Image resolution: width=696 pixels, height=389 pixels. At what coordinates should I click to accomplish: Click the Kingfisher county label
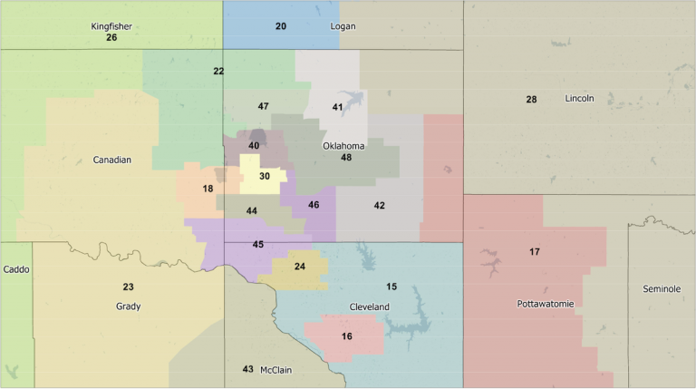click(111, 26)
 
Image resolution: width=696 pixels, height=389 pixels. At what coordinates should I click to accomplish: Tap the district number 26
click(111, 37)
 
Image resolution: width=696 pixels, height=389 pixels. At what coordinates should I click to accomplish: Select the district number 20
click(281, 26)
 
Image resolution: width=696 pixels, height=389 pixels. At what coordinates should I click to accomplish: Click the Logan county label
click(343, 26)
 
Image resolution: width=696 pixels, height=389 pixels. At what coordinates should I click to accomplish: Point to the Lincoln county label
click(579, 98)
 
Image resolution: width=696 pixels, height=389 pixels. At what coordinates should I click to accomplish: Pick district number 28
click(531, 99)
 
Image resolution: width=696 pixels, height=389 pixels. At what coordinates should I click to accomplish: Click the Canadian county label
click(112, 160)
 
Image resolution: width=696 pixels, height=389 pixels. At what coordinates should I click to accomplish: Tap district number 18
click(208, 189)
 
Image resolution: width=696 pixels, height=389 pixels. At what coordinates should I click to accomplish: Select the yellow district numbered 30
click(265, 176)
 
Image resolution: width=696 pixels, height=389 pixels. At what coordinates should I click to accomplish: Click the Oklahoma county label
click(343, 146)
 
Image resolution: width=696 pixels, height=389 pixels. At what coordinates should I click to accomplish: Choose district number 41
click(337, 108)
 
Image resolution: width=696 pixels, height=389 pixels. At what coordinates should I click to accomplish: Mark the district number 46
click(314, 205)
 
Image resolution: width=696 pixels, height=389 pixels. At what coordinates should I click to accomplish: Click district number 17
click(535, 251)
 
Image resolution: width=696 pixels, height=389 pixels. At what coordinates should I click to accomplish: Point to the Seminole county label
click(662, 288)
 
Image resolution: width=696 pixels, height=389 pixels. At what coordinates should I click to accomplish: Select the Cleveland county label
click(370, 307)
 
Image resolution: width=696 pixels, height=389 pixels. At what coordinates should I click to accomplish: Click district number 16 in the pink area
click(347, 336)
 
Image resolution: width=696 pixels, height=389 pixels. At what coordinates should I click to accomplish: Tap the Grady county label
click(129, 306)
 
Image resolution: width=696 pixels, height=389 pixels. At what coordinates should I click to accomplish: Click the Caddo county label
click(16, 270)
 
